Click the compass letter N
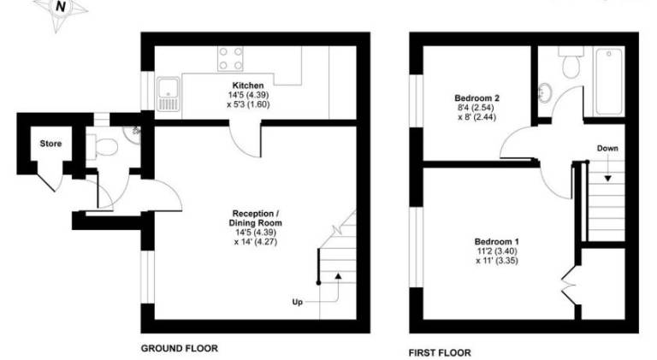click(x=62, y=6)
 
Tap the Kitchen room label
click(x=248, y=86)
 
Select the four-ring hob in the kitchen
click(x=230, y=58)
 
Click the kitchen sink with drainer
click(x=169, y=94)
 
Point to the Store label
click(x=50, y=144)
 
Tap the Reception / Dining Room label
click(x=256, y=218)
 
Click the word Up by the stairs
click(x=298, y=302)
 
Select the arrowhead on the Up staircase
click(x=338, y=276)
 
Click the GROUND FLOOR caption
click(x=180, y=348)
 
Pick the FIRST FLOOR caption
click(x=440, y=353)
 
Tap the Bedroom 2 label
click(x=476, y=98)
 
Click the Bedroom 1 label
click(x=497, y=241)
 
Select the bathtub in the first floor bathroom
click(x=609, y=81)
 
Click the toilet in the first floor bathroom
click(x=571, y=62)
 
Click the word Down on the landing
click(x=607, y=148)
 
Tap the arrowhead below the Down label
click(x=607, y=179)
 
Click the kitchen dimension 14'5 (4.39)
click(x=248, y=95)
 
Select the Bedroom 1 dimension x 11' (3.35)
click(x=497, y=260)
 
